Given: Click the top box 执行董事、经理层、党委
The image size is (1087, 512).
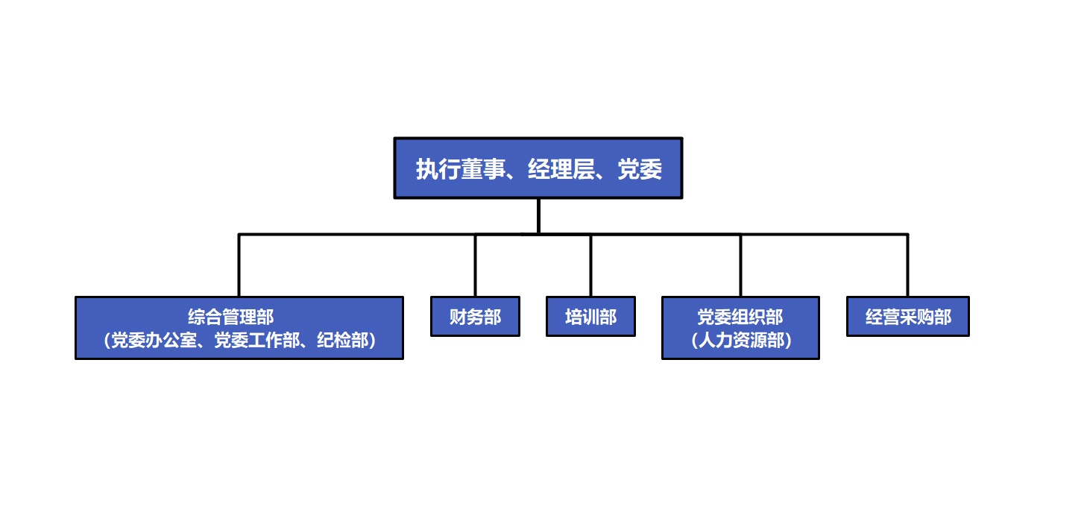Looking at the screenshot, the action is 538,168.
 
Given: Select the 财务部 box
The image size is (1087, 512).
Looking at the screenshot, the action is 475,317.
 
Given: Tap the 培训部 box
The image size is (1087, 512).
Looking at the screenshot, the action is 590,317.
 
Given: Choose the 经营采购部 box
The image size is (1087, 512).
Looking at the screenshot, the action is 908,317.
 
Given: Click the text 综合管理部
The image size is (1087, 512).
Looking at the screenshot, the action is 231,317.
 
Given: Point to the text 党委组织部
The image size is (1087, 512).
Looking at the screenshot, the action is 740,317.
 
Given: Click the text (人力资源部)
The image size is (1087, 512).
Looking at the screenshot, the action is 741,340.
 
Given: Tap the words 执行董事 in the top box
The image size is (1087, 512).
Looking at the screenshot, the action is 460,169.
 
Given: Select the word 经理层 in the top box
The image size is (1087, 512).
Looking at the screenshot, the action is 561,169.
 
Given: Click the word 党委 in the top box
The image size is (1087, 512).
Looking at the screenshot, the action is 640,169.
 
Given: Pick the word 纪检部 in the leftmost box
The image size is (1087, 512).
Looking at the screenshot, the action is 343,340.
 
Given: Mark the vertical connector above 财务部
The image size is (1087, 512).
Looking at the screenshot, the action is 475,265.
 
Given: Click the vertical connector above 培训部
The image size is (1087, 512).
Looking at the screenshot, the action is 590,265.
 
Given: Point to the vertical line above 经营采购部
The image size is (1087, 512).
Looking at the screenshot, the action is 907,265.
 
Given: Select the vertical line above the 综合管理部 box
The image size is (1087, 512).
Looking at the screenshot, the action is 239,265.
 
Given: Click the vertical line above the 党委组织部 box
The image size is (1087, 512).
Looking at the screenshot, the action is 740,265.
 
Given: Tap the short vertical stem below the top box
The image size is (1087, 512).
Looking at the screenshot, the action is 538,216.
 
